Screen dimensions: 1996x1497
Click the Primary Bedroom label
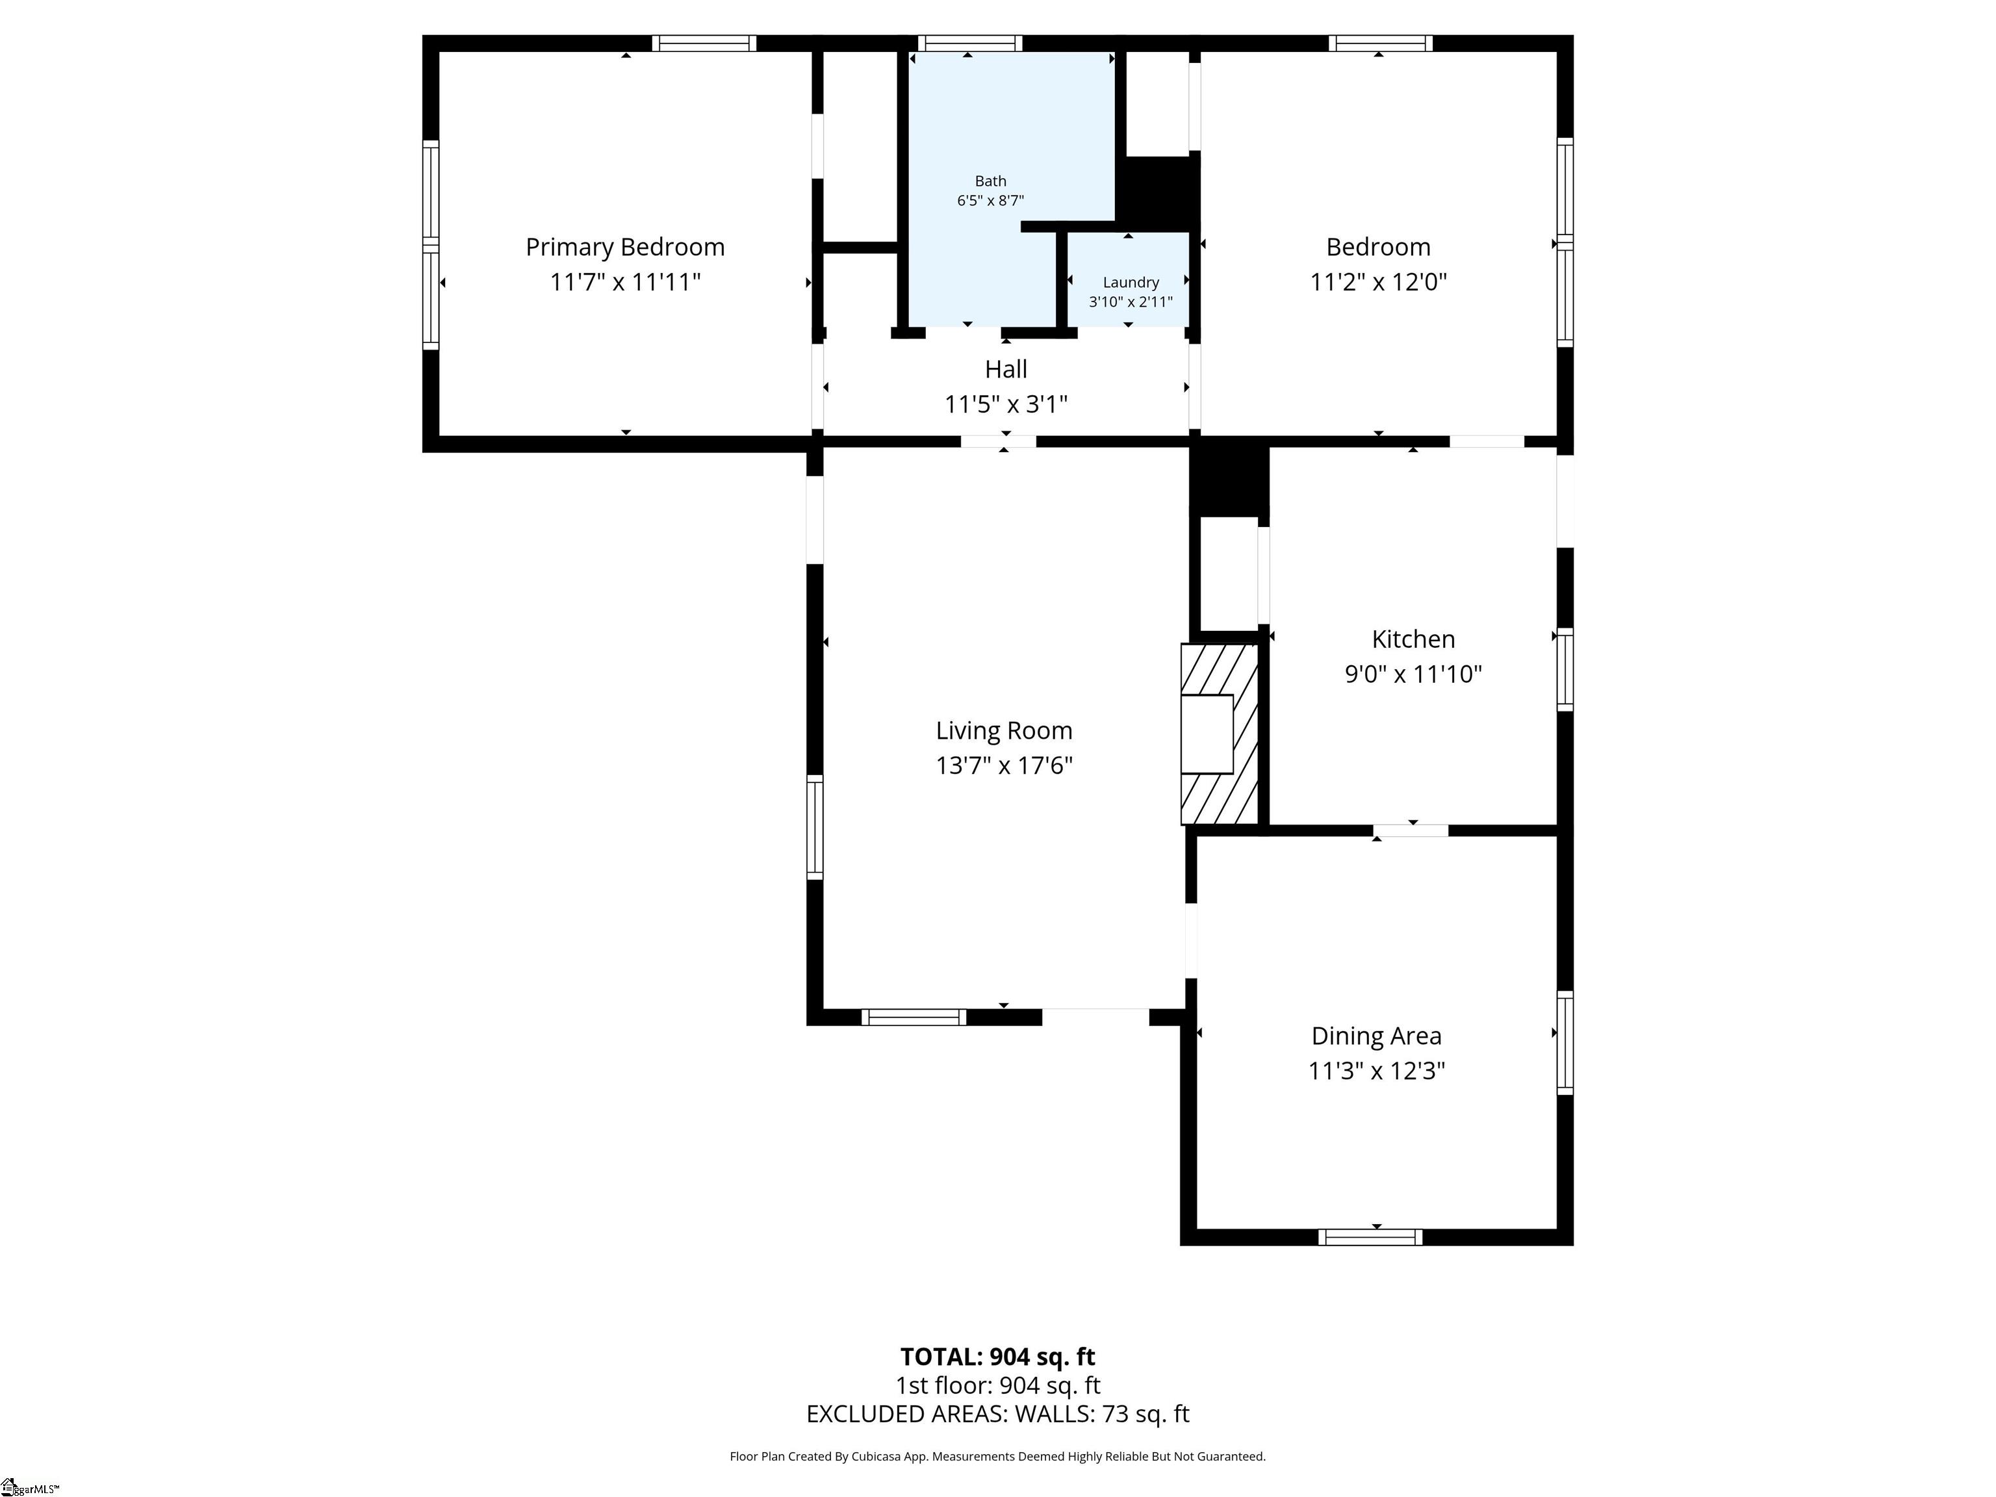click(625, 248)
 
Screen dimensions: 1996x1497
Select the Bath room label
click(990, 181)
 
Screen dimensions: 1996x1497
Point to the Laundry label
click(1131, 283)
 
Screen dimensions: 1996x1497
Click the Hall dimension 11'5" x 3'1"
click(1005, 404)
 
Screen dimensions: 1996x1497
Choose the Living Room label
click(1003, 730)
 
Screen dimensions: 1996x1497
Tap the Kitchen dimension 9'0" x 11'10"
click(1413, 674)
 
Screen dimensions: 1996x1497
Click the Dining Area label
click(1376, 1036)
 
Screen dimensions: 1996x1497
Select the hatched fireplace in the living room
click(1219, 734)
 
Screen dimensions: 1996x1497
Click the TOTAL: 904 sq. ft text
click(997, 1356)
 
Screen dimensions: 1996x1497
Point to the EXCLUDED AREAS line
click(997, 1413)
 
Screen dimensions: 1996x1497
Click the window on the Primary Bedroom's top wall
click(704, 44)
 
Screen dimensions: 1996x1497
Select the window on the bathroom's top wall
click(970, 44)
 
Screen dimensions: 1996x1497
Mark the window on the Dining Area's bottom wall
click(1370, 1237)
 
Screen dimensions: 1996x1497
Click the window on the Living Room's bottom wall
click(913, 1017)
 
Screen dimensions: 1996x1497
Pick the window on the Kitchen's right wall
click(1566, 669)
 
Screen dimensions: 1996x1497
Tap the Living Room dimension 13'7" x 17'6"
click(1003, 766)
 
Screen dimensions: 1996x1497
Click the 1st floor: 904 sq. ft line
click(997, 1385)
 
